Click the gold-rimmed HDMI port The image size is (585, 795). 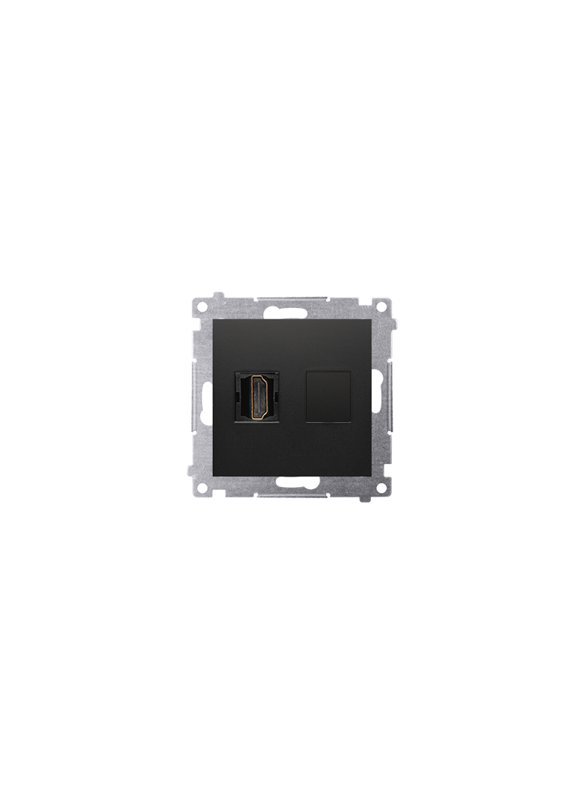point(260,397)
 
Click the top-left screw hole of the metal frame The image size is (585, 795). point(201,306)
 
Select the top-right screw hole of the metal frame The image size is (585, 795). point(383,306)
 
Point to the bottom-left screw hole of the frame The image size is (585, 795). point(201,488)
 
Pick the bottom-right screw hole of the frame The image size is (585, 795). point(383,488)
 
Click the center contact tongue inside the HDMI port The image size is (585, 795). point(260,397)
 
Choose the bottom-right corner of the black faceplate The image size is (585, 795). point(371,475)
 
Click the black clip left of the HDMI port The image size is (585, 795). point(240,397)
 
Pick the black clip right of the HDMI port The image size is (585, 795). point(280,397)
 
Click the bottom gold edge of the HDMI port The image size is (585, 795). point(260,418)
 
